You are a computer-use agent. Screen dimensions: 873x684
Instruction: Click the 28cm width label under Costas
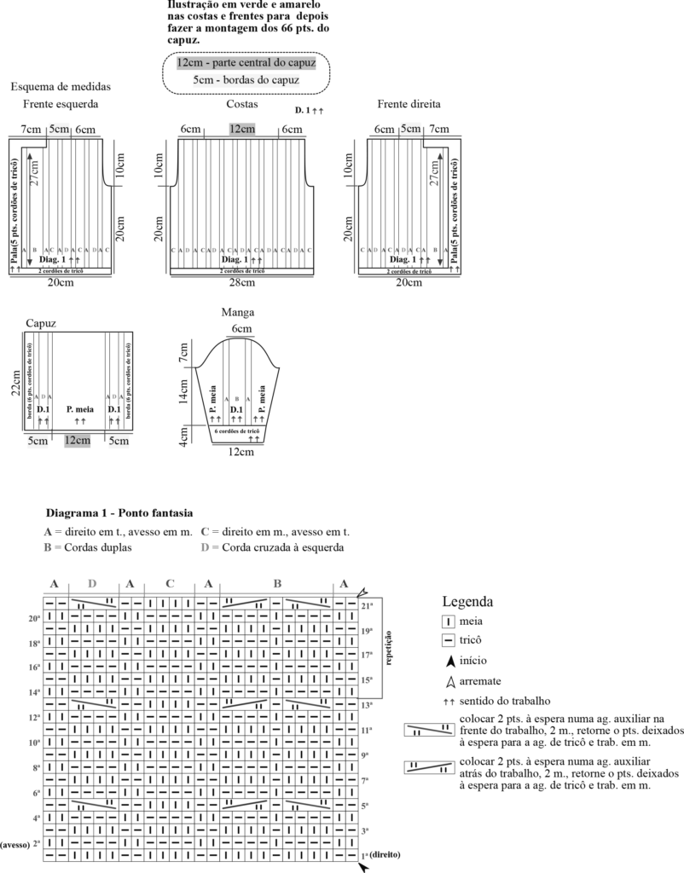point(242,282)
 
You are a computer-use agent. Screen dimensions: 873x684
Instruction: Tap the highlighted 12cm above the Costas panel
point(241,129)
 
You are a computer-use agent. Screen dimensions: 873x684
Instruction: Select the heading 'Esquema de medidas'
point(61,86)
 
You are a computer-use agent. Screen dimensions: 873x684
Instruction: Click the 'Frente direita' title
point(409,104)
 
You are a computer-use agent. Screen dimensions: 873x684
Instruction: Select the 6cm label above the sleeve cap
point(241,328)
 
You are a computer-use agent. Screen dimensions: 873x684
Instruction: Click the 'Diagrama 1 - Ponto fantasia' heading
point(119,513)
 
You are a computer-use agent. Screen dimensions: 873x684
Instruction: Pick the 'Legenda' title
point(467,601)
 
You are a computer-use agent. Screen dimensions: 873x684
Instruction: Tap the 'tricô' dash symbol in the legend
point(448,639)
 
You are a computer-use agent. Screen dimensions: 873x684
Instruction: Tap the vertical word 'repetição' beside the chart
point(389,646)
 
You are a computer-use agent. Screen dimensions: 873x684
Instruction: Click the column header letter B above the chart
point(277,584)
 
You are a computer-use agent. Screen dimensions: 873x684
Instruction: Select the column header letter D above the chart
point(92,584)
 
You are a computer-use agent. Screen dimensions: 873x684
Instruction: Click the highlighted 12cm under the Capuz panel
point(77,441)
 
